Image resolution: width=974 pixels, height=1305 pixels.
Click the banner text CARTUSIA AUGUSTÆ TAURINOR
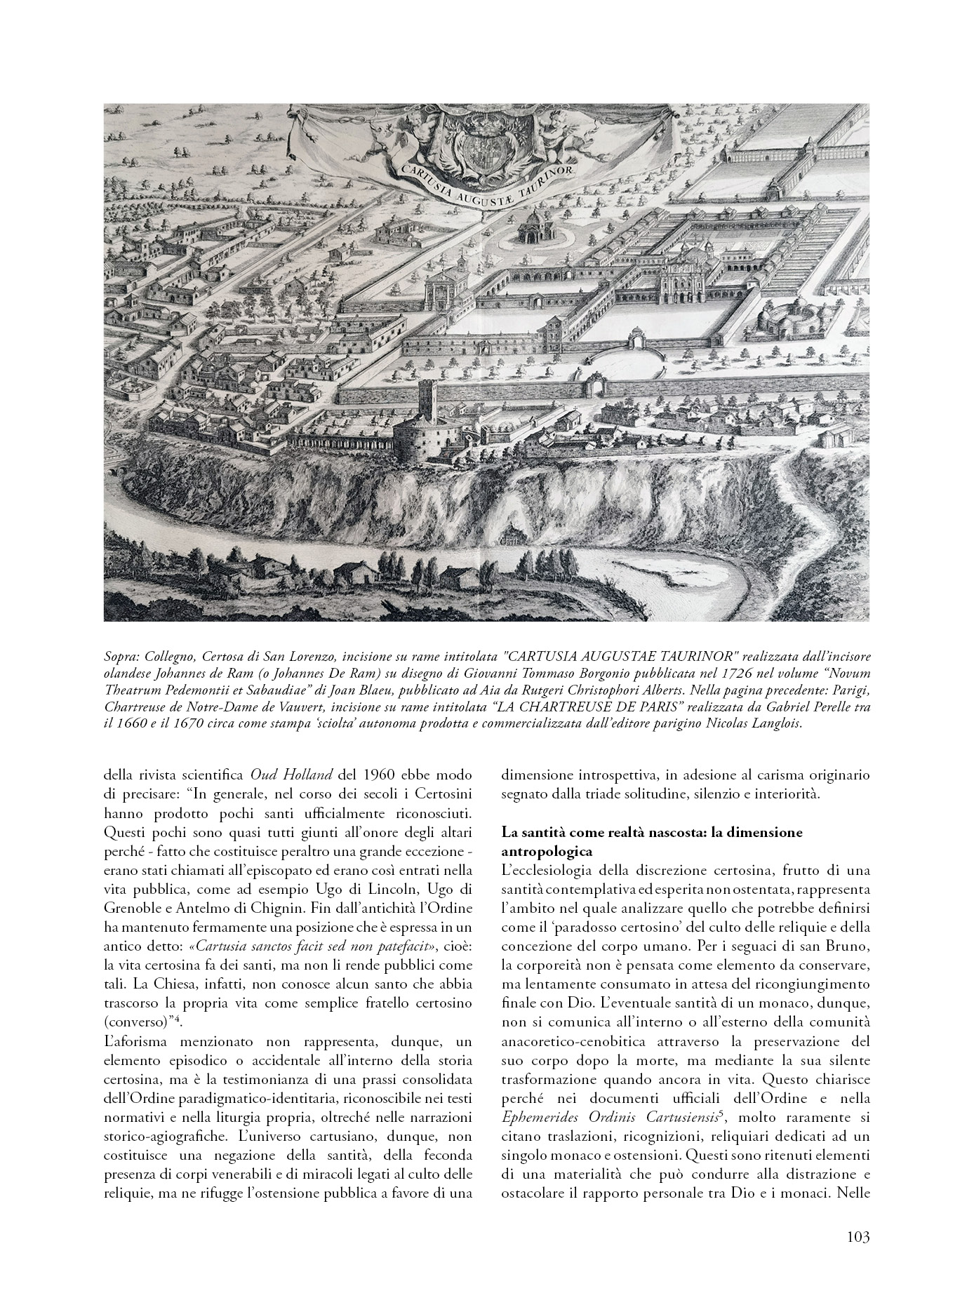click(x=486, y=183)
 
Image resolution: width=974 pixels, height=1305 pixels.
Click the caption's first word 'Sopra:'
click(x=121, y=657)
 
